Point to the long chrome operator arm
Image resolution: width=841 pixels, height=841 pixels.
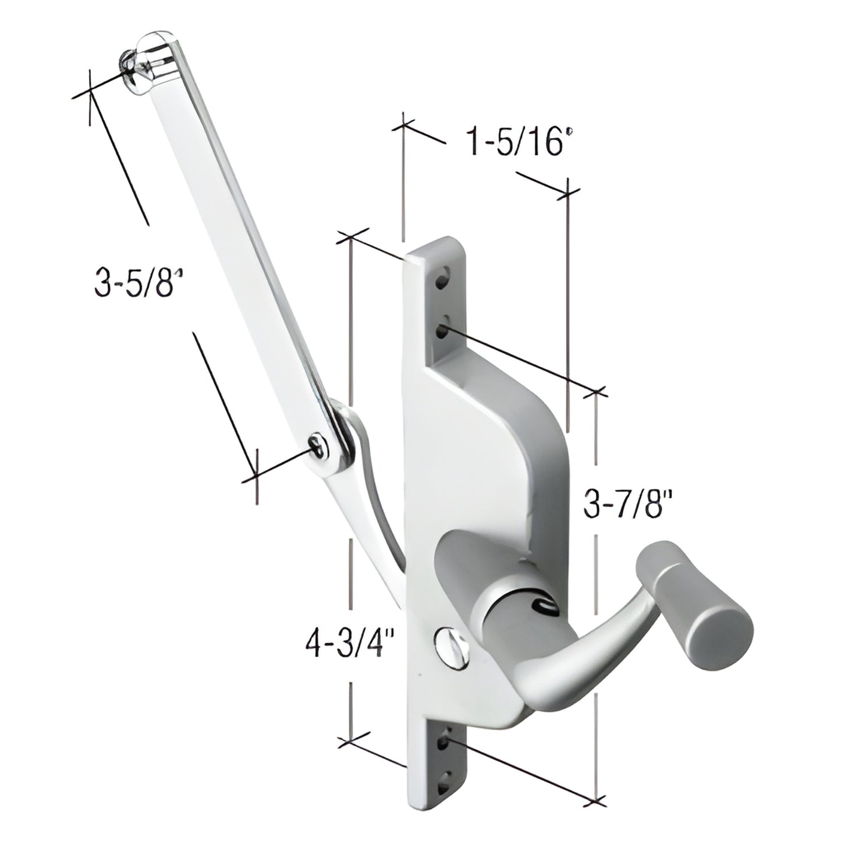(233, 244)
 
